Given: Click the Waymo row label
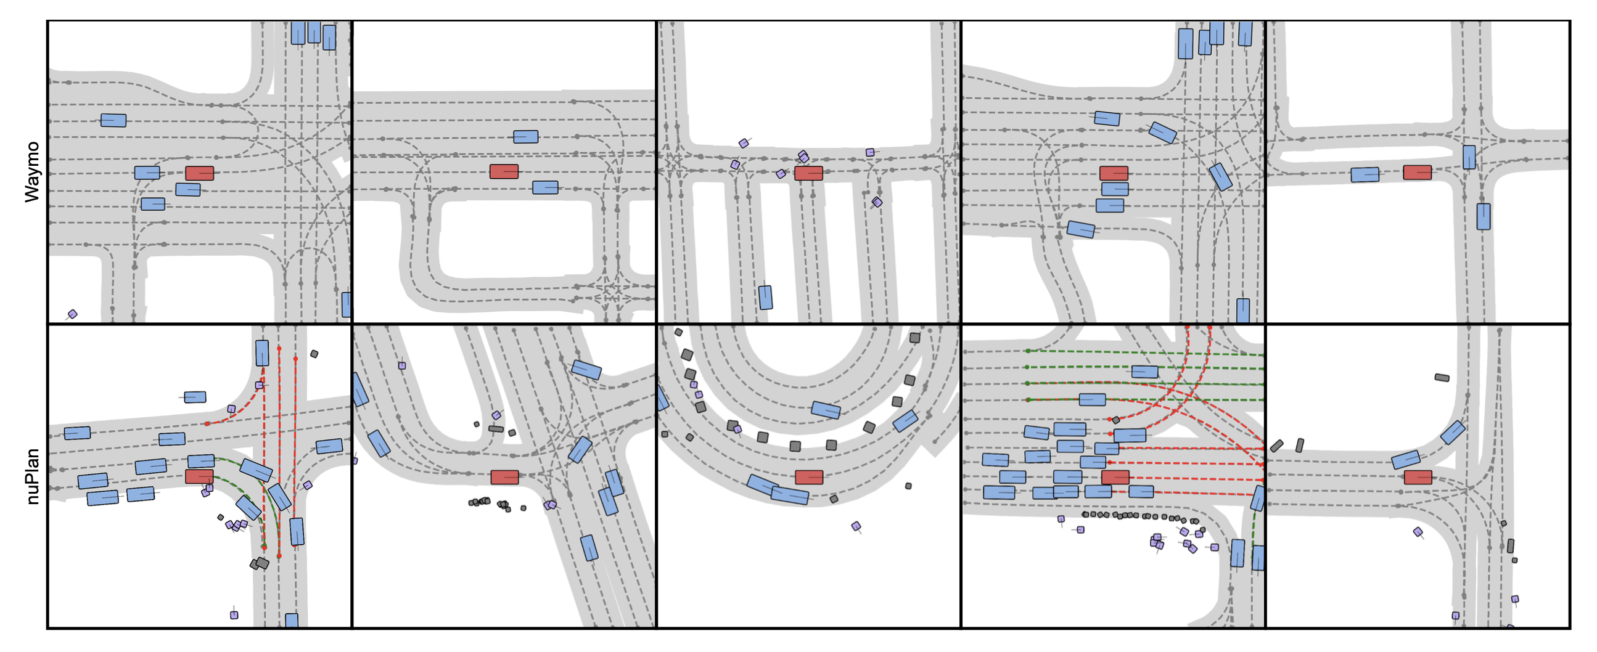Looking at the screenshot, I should (x=32, y=172).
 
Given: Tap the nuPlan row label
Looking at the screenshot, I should (x=32, y=476).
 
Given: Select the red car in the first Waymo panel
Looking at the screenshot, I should (x=200, y=173).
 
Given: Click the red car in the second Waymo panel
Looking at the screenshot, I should (x=504, y=172).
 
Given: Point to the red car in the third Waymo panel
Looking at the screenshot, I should (x=808, y=173).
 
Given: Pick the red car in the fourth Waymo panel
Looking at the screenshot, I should (x=1114, y=173).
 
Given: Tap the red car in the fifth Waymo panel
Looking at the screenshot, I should (x=1417, y=173).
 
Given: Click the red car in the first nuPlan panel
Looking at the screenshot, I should (x=199, y=476).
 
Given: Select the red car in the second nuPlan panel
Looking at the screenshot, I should (x=504, y=476).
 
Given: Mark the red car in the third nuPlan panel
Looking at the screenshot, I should (x=809, y=476).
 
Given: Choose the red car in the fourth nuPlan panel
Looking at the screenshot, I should (x=1115, y=476).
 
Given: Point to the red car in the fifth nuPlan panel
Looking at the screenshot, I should (x=1418, y=476).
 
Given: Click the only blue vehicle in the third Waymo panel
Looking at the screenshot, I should (x=766, y=298).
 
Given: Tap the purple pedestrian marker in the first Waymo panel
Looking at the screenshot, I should (x=73, y=314).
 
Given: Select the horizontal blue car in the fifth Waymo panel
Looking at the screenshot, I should (x=1365, y=175).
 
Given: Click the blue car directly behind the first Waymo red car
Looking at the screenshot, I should (x=147, y=173).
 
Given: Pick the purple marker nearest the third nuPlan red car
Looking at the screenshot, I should (x=856, y=526).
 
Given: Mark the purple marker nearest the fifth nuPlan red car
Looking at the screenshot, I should (x=1418, y=532).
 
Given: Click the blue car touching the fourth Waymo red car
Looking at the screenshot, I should (x=1115, y=189).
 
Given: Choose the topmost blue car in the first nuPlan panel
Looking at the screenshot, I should (x=262, y=352).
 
